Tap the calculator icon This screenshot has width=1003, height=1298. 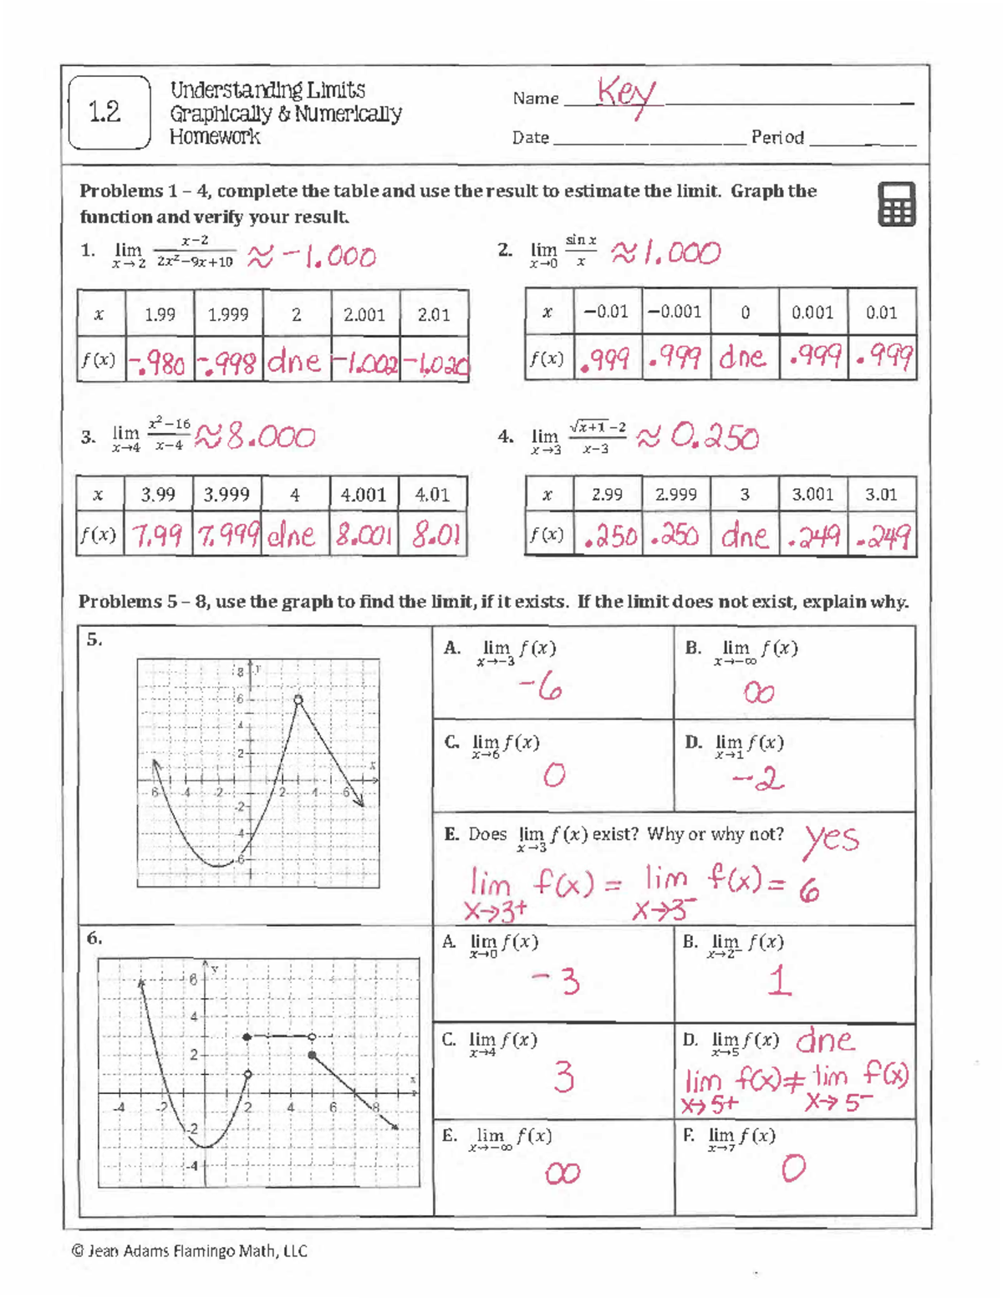coord(896,205)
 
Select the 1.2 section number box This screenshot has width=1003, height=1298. coord(107,113)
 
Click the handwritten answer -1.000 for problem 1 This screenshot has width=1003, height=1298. coord(322,257)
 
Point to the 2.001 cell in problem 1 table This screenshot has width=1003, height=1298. coord(364,315)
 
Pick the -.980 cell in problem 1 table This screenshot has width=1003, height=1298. coord(160,363)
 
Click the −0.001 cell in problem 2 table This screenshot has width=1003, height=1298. coord(676,312)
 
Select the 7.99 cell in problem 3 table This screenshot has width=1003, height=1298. coord(158,536)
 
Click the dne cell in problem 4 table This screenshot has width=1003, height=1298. coord(744,536)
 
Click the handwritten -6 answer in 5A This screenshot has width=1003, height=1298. coord(540,688)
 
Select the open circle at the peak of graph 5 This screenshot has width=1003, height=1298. coord(298,700)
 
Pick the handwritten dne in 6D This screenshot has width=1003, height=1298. coord(825,1040)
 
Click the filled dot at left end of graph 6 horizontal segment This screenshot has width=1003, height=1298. coord(247,1037)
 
